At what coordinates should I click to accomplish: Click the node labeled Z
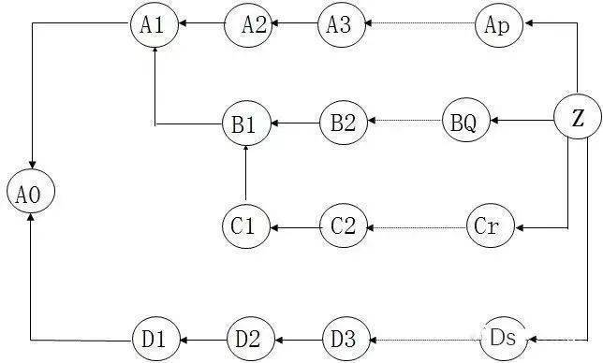point(578,118)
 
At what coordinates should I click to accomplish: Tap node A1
point(153,24)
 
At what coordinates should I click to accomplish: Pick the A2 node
point(248,24)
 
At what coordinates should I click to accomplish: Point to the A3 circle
point(340,24)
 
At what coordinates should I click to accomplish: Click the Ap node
point(498,24)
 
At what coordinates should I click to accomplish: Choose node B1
point(245,123)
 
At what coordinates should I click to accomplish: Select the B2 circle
point(344,123)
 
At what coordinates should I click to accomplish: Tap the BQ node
point(465,123)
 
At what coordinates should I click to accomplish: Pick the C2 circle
point(344,225)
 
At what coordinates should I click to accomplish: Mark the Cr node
point(490,225)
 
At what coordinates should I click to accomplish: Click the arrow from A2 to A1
point(200,24)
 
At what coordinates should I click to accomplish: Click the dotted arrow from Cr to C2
point(417,226)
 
